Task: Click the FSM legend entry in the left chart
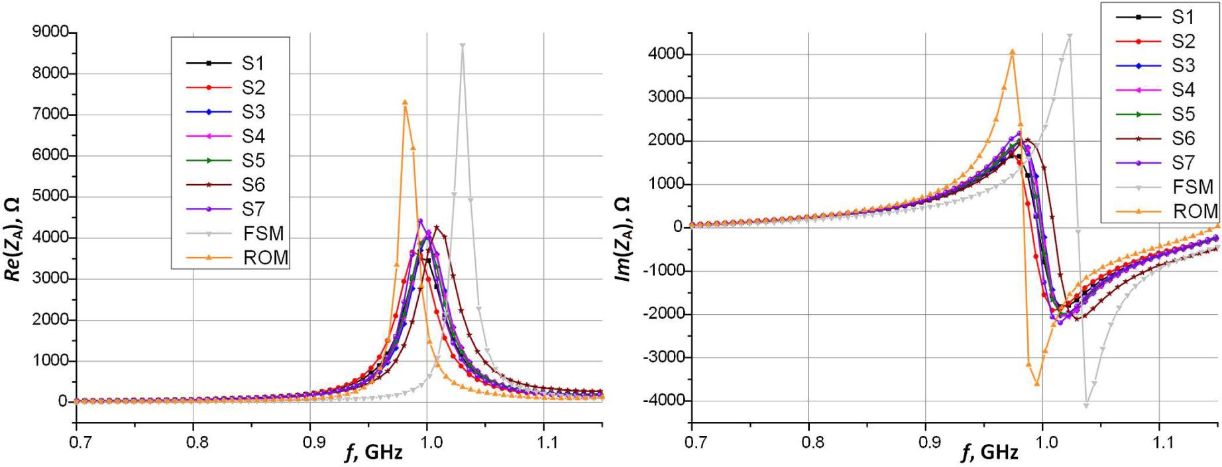pos(263,233)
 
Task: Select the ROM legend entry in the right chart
pos(1195,211)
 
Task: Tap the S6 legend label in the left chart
pos(253,185)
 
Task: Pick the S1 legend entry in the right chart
pos(1183,17)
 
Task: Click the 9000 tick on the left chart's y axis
pos(50,32)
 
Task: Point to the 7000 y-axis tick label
pos(50,114)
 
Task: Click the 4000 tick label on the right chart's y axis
pos(667,54)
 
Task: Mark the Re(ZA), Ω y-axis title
pos(15,238)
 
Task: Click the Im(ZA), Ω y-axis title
pos(624,238)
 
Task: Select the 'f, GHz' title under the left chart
pos(374,452)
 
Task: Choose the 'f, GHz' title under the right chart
pos(989,452)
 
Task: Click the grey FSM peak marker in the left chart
pos(463,46)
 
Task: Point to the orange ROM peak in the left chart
pos(405,102)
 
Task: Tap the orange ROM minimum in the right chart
pos(1037,384)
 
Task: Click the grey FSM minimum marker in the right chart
pos(1086,405)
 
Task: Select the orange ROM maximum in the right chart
pos(1013,51)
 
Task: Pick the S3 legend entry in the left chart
pos(253,112)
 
